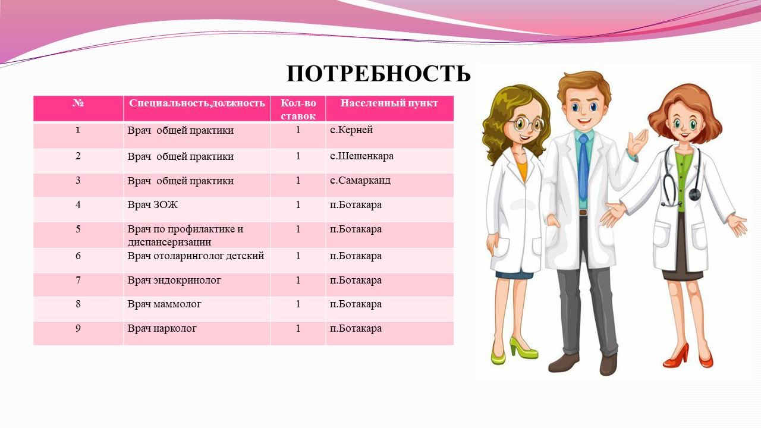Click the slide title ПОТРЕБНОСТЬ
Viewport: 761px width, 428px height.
pos(379,74)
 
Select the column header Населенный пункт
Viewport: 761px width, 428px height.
pos(389,103)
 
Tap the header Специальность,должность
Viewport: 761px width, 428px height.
pos(197,103)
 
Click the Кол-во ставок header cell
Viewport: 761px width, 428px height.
pos(298,109)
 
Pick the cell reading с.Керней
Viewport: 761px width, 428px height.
pos(351,130)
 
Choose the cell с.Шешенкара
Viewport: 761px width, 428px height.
pos(361,156)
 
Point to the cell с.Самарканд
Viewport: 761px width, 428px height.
pos(360,180)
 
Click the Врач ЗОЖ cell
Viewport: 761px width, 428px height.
pos(153,204)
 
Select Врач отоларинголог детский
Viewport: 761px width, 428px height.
pos(196,256)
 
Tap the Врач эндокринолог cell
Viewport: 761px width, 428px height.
pos(174,280)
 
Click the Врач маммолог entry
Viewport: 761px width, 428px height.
pos(165,304)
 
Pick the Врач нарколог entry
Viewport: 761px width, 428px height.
pos(162,329)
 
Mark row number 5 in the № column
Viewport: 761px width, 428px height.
pos(78,229)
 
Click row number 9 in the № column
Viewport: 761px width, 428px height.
pos(78,329)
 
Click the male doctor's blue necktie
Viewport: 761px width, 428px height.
pos(583,167)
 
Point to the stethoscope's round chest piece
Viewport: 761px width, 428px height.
pos(694,194)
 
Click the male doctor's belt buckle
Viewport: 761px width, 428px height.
pos(583,212)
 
